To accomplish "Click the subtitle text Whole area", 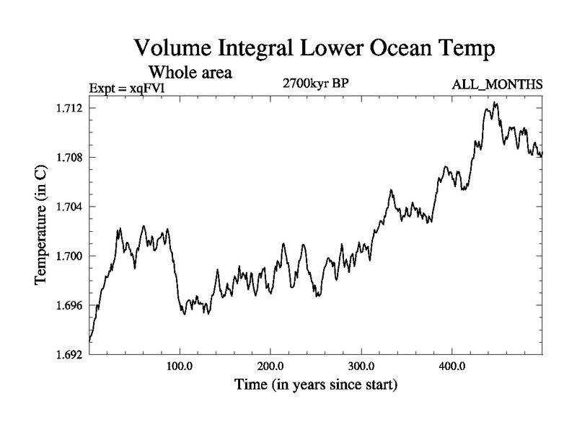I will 190,72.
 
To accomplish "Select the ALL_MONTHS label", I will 497,85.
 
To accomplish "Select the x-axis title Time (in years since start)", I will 316,385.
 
